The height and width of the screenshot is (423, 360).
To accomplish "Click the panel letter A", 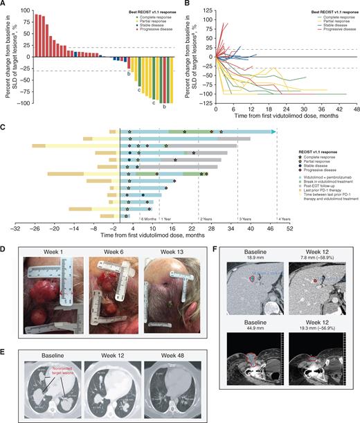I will point(5,4).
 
